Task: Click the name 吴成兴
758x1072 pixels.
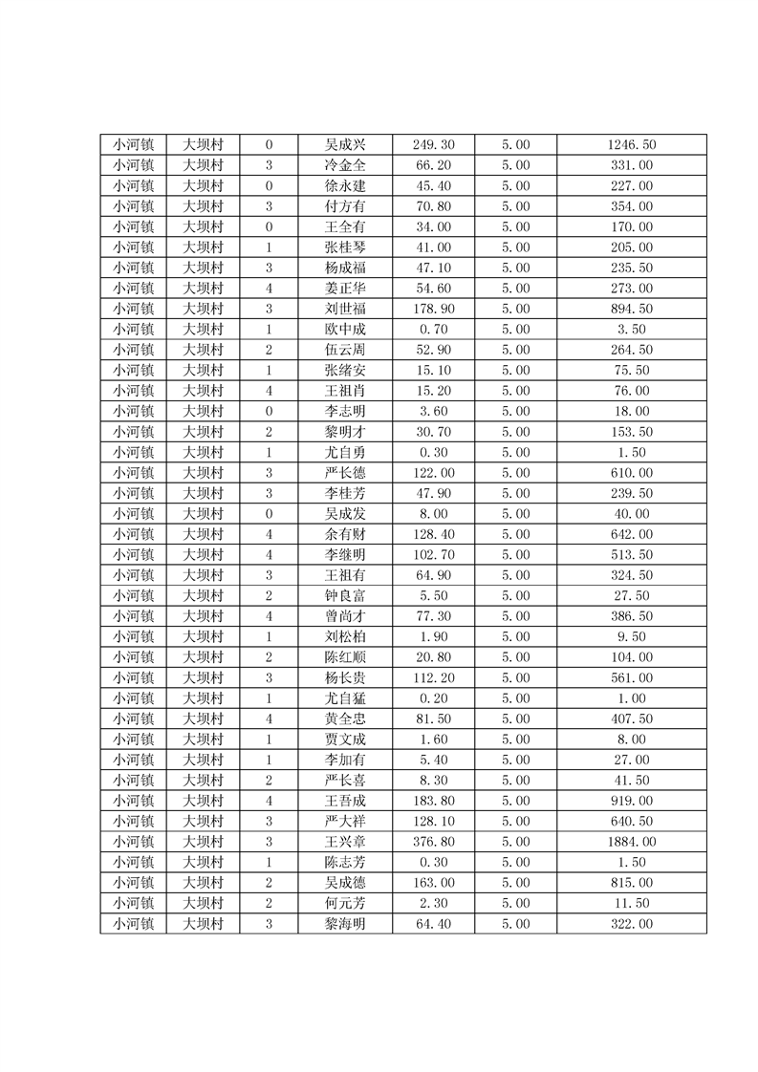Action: pos(345,145)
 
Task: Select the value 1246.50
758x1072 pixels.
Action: pos(632,145)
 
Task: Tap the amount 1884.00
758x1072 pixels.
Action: pos(632,842)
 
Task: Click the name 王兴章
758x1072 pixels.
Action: pos(345,842)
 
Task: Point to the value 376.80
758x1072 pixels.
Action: pos(433,842)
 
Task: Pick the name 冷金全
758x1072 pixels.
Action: pos(345,165)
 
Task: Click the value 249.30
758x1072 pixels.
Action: pos(433,145)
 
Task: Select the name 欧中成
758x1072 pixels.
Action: pos(345,330)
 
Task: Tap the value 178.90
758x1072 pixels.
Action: pos(433,309)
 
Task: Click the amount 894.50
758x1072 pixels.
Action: pos(632,309)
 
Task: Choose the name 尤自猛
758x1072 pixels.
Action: pos(345,698)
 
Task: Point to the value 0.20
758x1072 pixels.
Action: pos(433,698)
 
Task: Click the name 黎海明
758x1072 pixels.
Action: pos(345,924)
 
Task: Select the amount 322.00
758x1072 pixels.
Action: pos(632,924)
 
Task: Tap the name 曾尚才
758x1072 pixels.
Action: pos(345,616)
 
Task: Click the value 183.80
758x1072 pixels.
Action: pos(433,801)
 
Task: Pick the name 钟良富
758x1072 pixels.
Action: pos(345,596)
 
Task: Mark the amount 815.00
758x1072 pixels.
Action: pos(632,883)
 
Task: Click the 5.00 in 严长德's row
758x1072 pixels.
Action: pos(515,473)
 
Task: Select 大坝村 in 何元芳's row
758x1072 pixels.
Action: pos(203,903)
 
